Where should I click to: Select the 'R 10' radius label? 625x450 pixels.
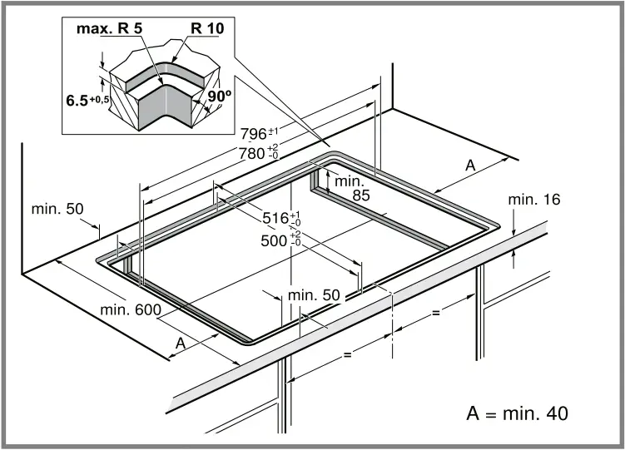click(206, 29)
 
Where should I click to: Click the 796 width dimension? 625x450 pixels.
click(257, 133)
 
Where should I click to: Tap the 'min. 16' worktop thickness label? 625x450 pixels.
click(534, 200)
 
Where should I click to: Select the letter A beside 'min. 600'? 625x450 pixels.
click(181, 342)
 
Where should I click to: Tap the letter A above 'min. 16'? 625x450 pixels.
click(469, 166)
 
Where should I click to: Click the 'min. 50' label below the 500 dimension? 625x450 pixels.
click(314, 295)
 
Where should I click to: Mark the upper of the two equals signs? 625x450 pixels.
click(434, 314)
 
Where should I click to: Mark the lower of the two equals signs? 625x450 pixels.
click(348, 354)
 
